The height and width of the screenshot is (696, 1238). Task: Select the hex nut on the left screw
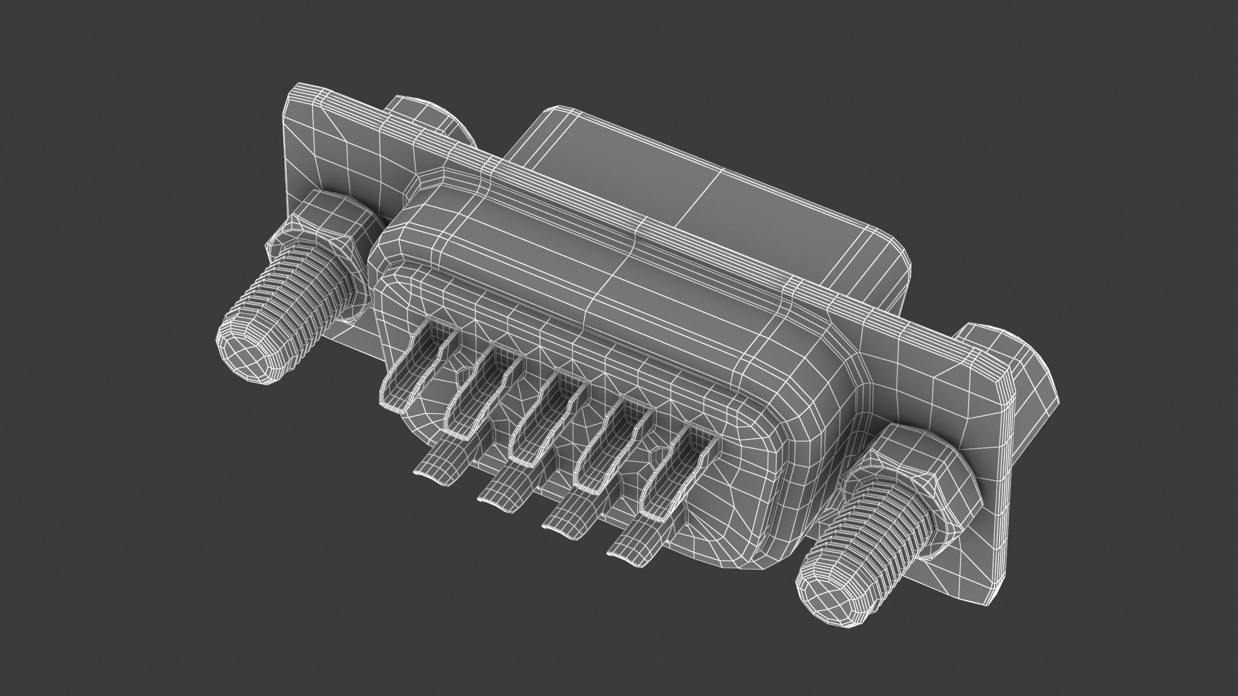pos(316,232)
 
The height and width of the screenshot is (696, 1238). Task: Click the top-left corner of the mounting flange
pos(296,96)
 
